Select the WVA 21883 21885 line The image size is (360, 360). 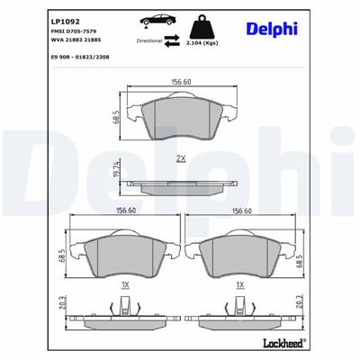[44, 41]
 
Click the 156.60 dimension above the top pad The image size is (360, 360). [182, 83]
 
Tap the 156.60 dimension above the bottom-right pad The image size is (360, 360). [240, 212]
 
